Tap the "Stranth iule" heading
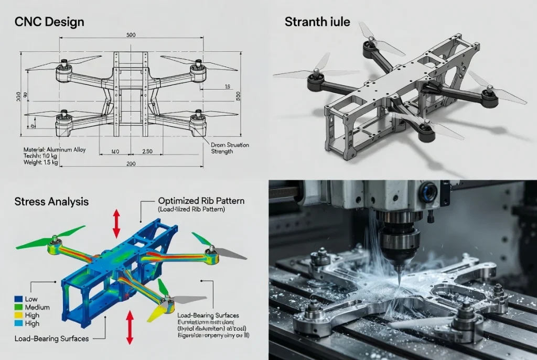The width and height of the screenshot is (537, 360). coord(317,22)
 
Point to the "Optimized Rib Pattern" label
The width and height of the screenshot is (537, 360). coord(201,201)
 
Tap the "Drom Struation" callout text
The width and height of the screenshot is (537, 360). coord(230,145)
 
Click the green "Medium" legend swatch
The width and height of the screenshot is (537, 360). coord(18,307)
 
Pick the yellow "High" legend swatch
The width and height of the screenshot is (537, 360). coord(18,316)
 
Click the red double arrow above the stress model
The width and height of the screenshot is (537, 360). coord(116,224)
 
